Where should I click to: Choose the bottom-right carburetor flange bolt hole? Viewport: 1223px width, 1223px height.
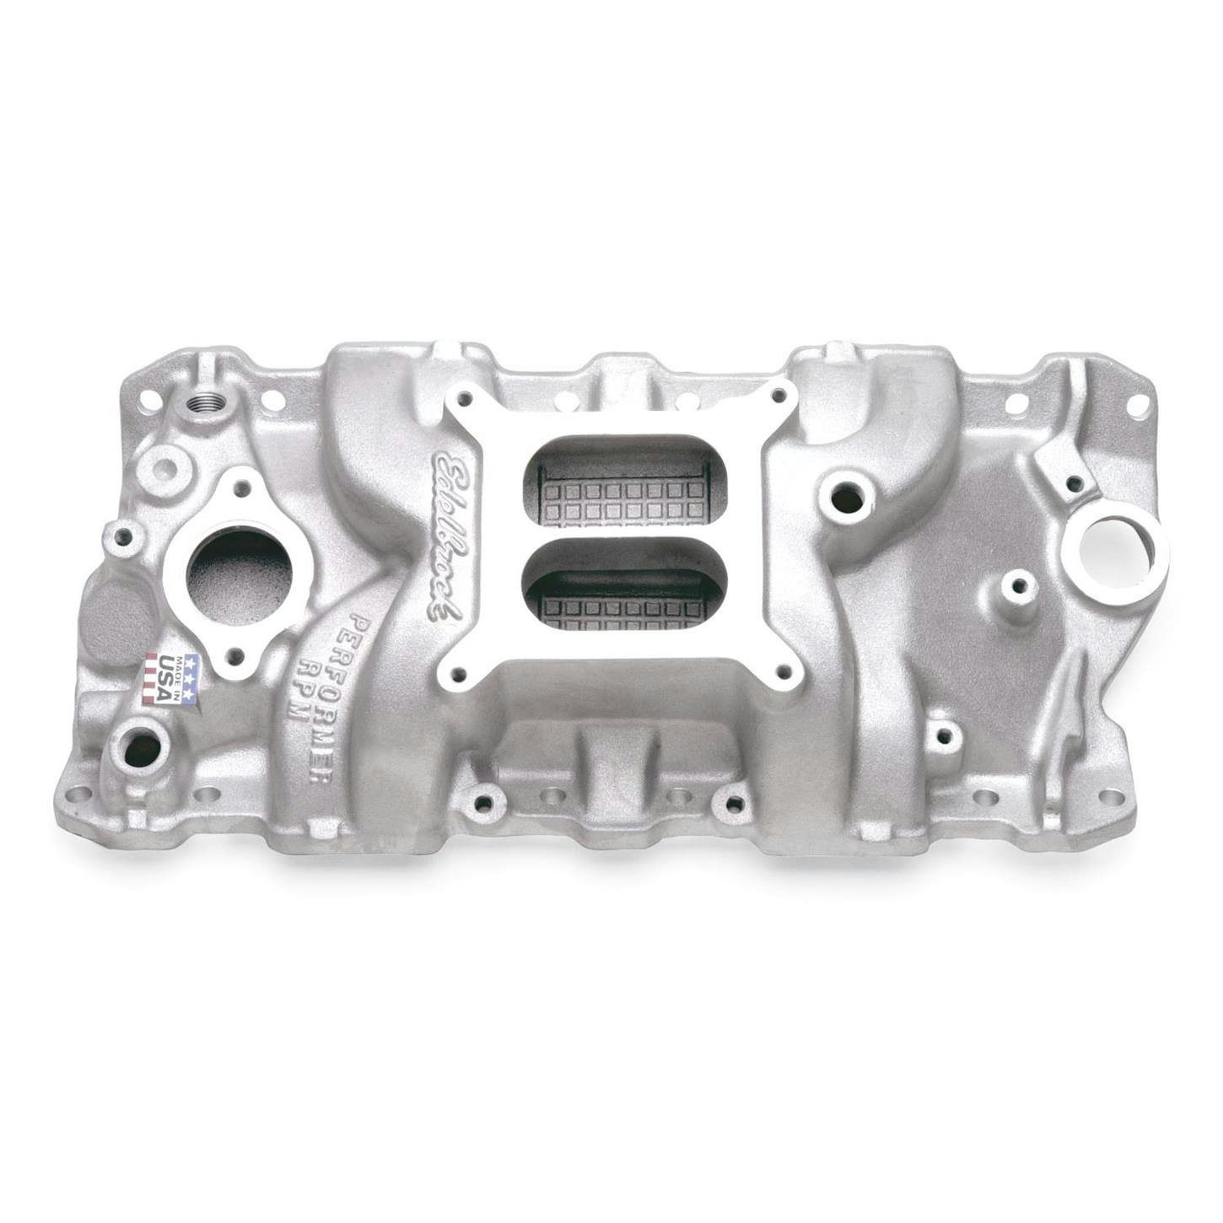point(785,671)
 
